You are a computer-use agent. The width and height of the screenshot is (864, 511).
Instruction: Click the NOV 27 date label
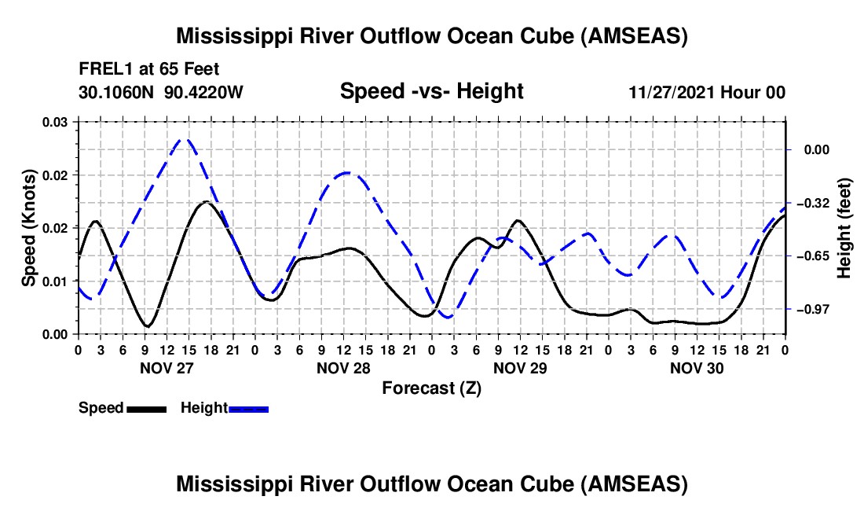[166, 367]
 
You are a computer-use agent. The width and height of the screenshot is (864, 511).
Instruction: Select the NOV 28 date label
[342, 367]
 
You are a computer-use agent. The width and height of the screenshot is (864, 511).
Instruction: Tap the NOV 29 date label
[519, 367]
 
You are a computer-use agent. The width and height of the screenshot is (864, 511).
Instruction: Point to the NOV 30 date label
[696, 367]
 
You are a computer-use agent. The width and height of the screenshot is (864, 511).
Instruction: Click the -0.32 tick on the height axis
[815, 203]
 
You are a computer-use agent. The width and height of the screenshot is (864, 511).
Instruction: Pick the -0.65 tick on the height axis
[815, 256]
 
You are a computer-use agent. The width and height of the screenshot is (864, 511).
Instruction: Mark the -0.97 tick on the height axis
[815, 309]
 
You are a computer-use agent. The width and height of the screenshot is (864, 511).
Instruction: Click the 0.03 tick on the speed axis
[54, 122]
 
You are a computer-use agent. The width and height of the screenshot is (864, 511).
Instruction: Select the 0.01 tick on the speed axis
[54, 281]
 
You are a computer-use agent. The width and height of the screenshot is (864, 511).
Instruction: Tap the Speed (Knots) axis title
[29, 228]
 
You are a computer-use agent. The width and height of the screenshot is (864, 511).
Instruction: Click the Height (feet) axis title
[844, 228]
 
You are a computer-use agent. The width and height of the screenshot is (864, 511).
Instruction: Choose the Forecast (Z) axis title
[430, 388]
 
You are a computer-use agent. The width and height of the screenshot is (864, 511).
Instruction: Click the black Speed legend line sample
[146, 409]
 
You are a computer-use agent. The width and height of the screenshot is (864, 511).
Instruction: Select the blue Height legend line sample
[248, 409]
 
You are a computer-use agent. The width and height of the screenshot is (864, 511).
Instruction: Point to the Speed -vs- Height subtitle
[431, 91]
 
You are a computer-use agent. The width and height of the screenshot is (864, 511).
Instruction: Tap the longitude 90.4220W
[204, 92]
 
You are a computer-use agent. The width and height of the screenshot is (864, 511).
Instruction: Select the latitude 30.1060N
[118, 92]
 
